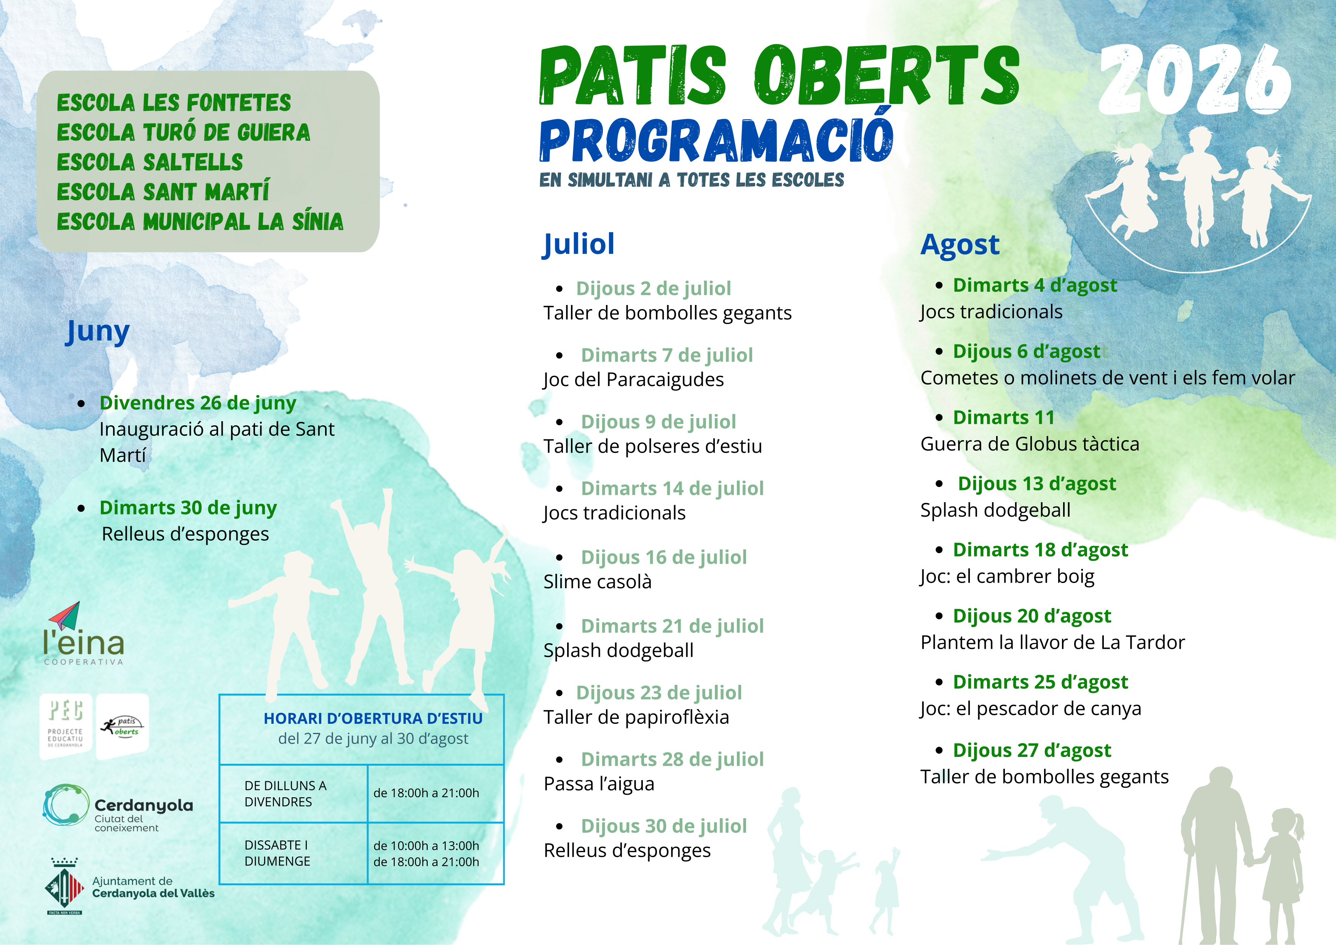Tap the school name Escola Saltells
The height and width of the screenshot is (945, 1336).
tap(150, 162)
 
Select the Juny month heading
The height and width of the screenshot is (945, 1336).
tap(98, 332)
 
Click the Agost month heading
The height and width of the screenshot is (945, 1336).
tap(960, 244)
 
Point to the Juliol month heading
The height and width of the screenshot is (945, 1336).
tap(579, 244)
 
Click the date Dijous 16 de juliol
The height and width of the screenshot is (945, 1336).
tap(663, 557)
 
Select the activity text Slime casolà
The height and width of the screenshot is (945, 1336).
tap(598, 581)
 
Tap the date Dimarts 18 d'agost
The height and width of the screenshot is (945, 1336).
tap(1040, 549)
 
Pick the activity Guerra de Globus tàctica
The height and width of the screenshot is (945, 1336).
tap(1029, 444)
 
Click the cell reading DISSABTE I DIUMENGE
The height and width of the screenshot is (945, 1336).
tap(277, 853)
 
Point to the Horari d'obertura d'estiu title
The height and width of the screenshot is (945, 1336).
tap(373, 718)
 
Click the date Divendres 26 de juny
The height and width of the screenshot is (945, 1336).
tap(198, 403)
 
